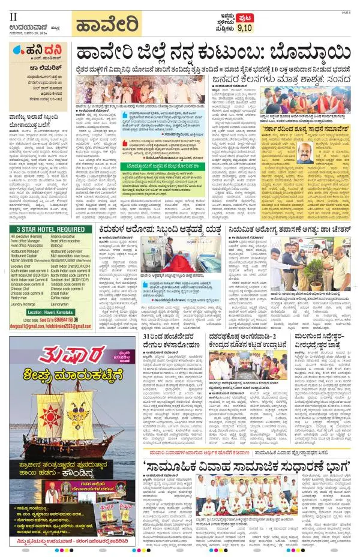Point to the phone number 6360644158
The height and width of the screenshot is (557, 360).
[x=63, y=321]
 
